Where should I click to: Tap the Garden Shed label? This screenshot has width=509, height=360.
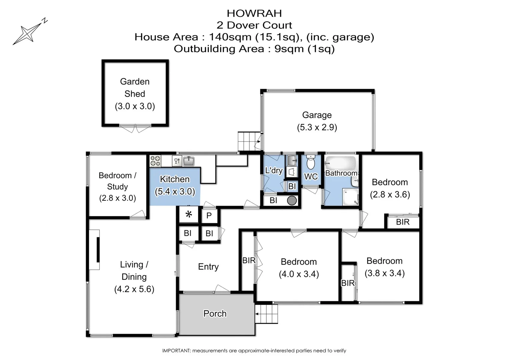tap(135, 88)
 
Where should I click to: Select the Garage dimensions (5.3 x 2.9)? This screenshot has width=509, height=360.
tap(317, 127)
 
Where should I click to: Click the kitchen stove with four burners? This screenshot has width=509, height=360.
tap(155, 161)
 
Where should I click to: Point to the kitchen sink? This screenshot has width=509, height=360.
tap(189, 161)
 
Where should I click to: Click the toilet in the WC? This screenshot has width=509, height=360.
tap(311, 162)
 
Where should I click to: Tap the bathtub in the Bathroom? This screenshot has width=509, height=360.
tap(341, 163)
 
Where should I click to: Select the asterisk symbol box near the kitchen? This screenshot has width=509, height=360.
tap(189, 215)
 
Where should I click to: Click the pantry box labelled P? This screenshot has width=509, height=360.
tap(209, 216)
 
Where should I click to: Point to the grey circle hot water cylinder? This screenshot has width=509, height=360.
tap(292, 200)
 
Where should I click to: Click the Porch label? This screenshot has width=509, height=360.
tap(215, 314)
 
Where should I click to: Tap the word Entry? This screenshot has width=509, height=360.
tap(208, 267)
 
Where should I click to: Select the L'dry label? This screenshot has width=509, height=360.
tap(274, 170)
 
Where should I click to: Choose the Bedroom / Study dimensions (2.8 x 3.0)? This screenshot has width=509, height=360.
tap(117, 198)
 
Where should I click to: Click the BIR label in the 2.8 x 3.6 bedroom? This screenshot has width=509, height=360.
tap(403, 222)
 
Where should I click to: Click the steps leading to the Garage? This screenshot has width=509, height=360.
tap(248, 141)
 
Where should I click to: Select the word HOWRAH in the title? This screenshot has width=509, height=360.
tap(254, 13)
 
